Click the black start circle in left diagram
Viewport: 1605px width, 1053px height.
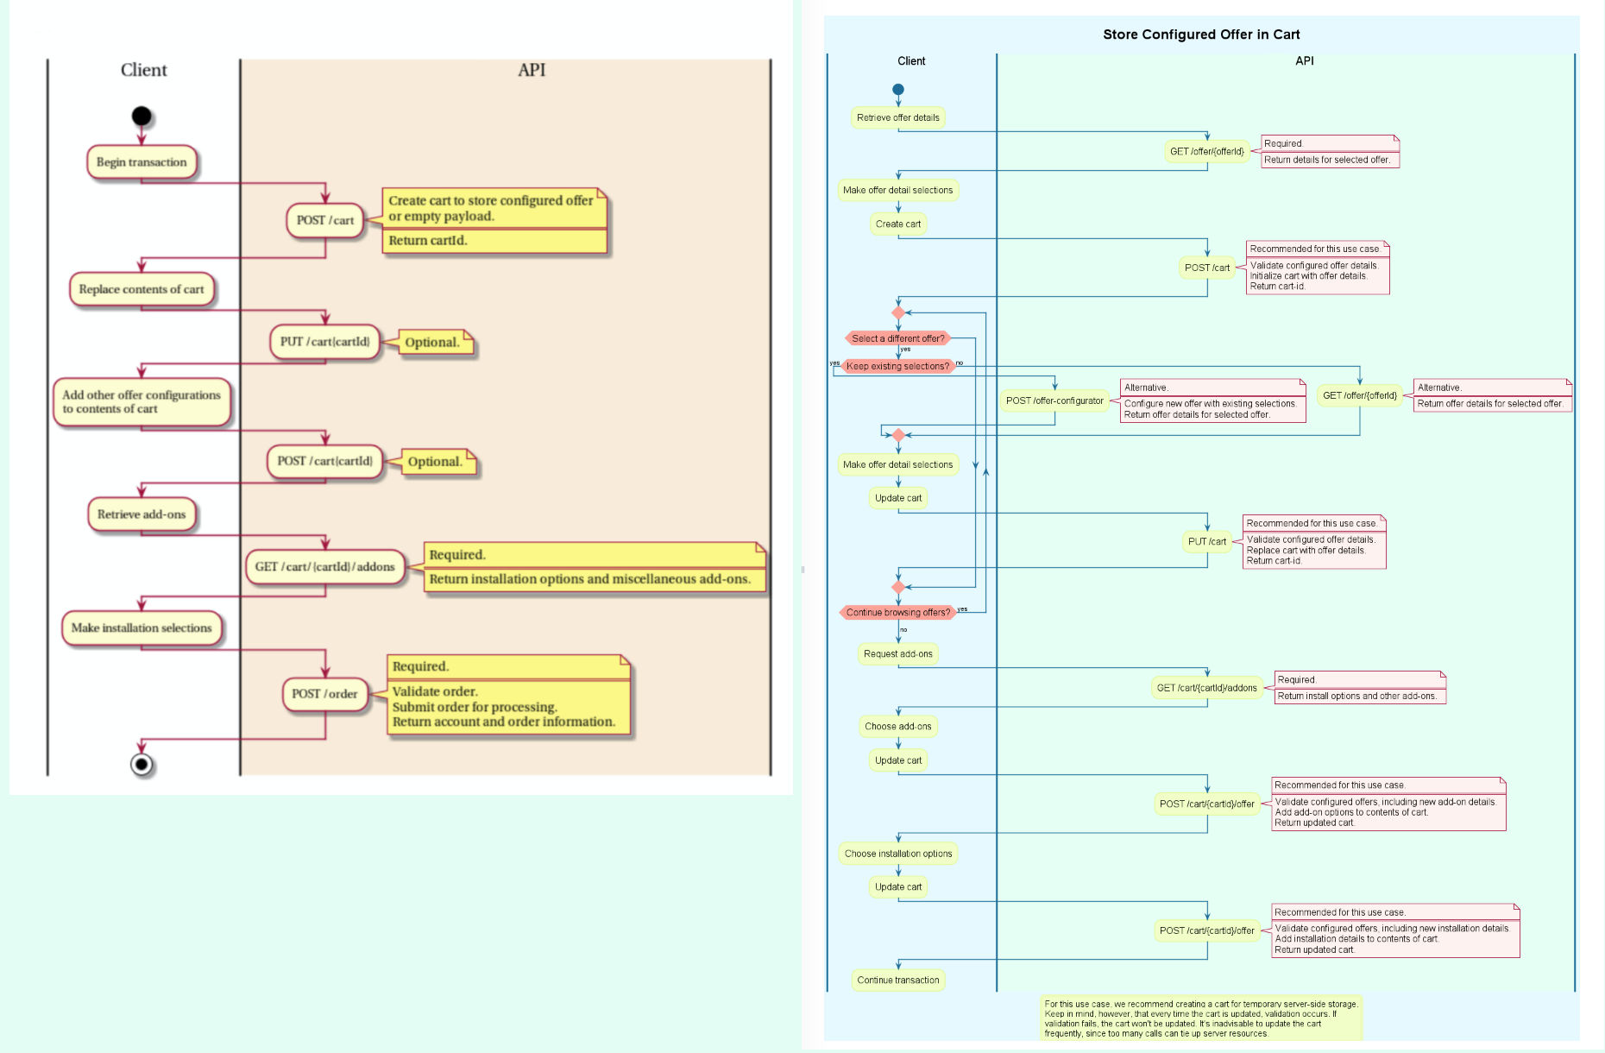142,117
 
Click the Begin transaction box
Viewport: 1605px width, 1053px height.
142,162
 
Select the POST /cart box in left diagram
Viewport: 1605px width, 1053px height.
325,220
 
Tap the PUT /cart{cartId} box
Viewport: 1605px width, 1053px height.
324,342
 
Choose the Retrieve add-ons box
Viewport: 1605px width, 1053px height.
142,514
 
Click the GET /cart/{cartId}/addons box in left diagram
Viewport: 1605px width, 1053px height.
324,567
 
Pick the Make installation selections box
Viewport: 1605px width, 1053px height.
142,628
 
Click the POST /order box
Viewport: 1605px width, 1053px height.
324,694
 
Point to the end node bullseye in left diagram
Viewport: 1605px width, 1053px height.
142,765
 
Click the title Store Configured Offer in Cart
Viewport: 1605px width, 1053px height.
1201,35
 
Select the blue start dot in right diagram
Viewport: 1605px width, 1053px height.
898,90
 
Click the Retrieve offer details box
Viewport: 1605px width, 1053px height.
898,118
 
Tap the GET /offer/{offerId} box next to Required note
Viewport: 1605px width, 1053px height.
1207,152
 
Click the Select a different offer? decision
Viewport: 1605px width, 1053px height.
897,338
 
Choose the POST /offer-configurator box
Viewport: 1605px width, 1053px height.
1054,401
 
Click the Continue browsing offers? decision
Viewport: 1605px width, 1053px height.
897,613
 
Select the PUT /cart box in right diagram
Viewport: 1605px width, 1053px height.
1207,542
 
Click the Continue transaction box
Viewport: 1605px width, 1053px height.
898,980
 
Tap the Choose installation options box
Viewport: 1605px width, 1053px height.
898,854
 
